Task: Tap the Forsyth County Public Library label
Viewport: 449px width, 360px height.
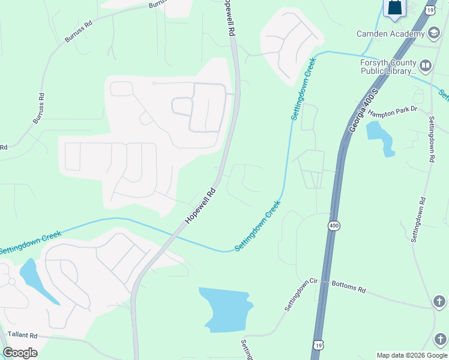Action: click(388, 67)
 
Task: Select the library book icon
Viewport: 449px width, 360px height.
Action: click(426, 65)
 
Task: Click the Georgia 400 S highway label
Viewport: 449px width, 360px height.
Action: click(364, 111)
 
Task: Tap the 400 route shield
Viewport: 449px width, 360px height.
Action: click(334, 225)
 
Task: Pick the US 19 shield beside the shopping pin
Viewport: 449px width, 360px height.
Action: click(429, 10)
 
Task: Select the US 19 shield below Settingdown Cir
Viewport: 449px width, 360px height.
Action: click(318, 344)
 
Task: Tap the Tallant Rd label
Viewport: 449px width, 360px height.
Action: click(23, 335)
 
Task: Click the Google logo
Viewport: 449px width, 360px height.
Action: click(20, 353)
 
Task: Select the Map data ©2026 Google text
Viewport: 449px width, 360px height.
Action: click(412, 355)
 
